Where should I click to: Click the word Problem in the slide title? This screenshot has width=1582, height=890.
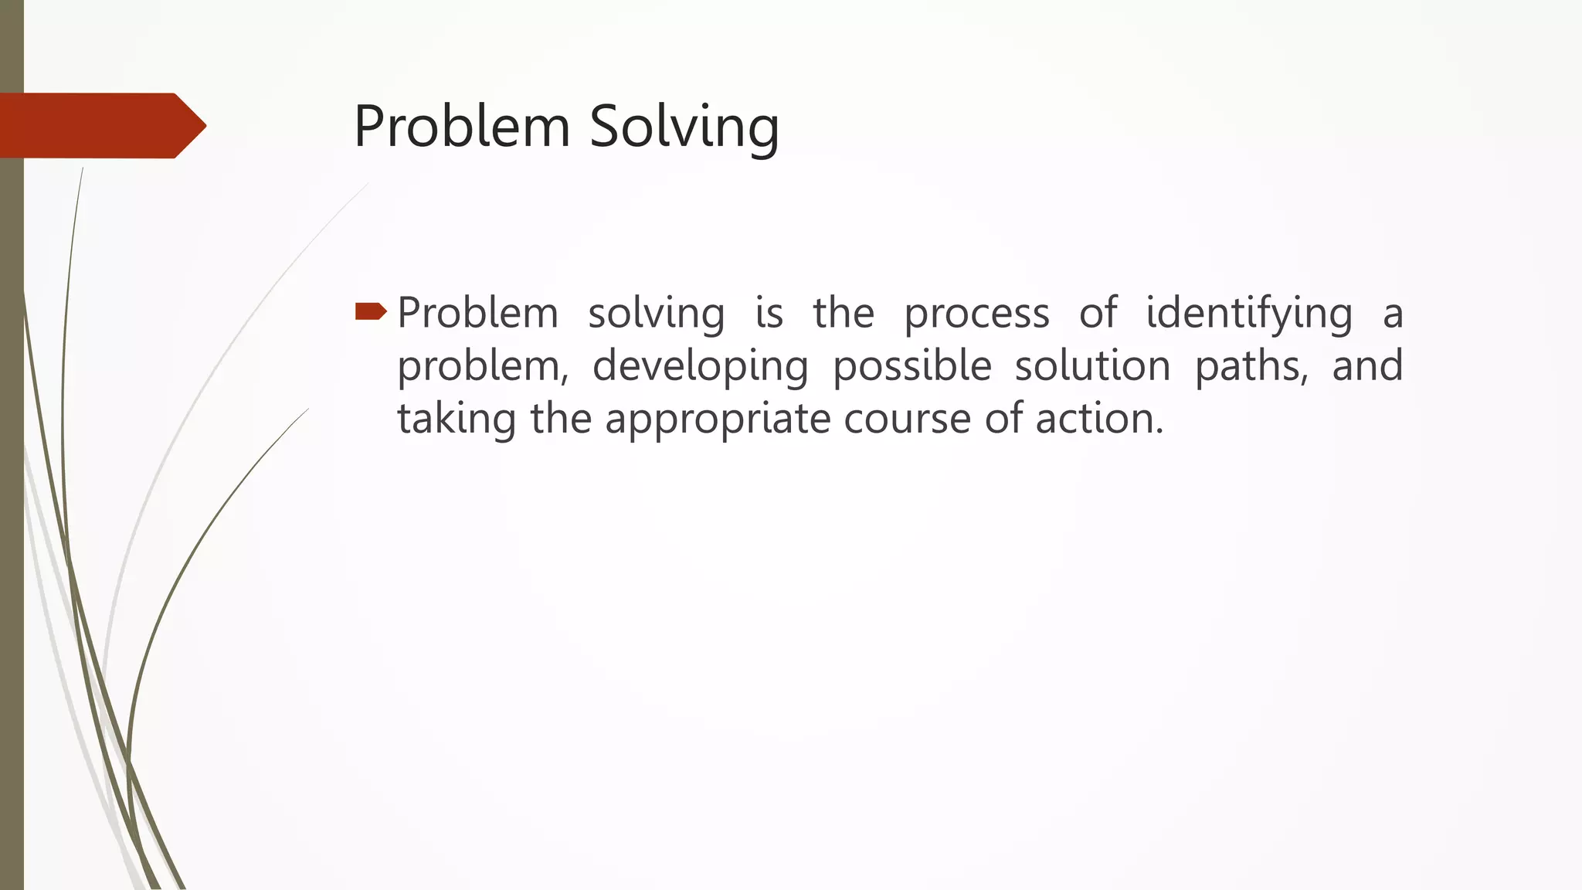(x=461, y=126)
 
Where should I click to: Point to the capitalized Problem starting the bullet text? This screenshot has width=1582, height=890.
(x=477, y=314)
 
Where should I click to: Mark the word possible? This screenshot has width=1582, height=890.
(x=912, y=366)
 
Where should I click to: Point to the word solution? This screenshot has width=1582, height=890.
(x=1093, y=366)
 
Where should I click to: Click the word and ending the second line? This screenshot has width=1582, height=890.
(x=1367, y=366)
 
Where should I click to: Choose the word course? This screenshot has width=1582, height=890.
(x=907, y=419)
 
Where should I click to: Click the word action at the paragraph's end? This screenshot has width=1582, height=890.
(x=1098, y=419)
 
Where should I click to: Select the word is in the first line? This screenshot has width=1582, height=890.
(x=769, y=314)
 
